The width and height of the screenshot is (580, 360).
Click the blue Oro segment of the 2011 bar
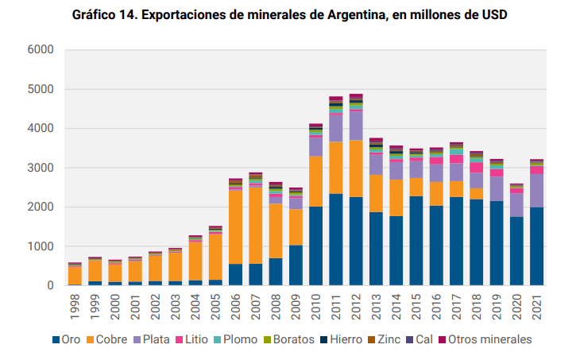coord(335,239)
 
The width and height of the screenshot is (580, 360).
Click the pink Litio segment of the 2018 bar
coord(477,168)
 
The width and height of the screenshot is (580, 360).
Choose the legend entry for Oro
coord(67,339)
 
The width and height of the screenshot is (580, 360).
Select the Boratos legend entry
coord(293,339)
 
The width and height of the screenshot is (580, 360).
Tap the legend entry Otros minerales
coord(487,339)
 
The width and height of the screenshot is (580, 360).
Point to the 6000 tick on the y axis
coord(41,50)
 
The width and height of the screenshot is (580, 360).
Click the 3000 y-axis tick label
coord(41,168)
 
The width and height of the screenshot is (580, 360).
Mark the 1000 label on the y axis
coord(41,246)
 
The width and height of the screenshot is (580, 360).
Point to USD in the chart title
coord(492,15)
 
